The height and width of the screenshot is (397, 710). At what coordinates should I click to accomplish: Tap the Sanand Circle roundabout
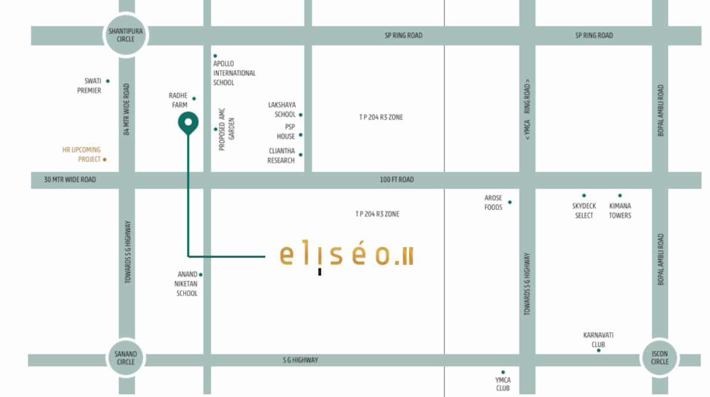(126, 358)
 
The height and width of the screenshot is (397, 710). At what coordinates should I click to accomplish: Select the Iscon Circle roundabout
(659, 358)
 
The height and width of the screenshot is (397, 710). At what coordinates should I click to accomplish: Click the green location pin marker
(189, 123)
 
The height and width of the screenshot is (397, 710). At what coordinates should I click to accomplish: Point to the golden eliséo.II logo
(346, 256)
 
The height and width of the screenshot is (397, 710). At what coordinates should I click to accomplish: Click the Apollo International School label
(234, 73)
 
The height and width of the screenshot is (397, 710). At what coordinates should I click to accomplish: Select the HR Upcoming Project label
(82, 154)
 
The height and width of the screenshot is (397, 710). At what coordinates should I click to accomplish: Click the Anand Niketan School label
(186, 284)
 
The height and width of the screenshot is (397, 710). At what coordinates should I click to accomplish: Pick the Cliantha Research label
(281, 156)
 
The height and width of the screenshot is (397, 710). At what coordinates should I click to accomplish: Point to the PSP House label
(286, 132)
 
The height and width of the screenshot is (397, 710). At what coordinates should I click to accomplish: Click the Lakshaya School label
(282, 110)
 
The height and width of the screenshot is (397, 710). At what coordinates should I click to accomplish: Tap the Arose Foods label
(493, 203)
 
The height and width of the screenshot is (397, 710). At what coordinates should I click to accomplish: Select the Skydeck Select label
(584, 210)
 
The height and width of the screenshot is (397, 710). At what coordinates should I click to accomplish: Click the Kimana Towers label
(620, 210)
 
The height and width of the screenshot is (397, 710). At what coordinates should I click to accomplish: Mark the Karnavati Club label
(598, 340)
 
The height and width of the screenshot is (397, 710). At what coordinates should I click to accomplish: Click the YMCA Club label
(503, 384)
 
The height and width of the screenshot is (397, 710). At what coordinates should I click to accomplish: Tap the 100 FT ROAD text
(397, 179)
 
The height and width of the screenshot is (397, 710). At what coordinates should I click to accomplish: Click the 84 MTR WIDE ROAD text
(126, 109)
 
